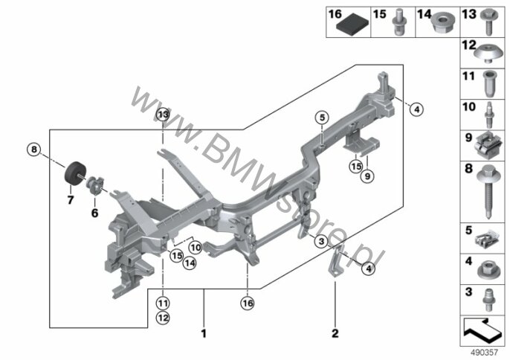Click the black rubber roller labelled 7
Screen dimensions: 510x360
(74, 173)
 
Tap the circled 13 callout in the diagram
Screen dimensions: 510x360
(163, 115)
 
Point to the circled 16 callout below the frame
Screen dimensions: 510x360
(248, 303)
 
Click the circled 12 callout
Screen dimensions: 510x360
(163, 318)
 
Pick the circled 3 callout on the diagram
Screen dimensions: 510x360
(321, 241)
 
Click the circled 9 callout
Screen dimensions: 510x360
(367, 176)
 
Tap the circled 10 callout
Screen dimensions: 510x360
(196, 248)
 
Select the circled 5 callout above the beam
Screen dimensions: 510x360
(322, 118)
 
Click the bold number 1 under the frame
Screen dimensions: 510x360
(204, 334)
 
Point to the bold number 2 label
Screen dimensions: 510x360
(335, 333)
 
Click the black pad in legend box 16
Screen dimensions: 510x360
(353, 24)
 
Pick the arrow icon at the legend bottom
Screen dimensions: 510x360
(482, 331)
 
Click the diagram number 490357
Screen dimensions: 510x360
(484, 353)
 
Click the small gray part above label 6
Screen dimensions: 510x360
(94, 185)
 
